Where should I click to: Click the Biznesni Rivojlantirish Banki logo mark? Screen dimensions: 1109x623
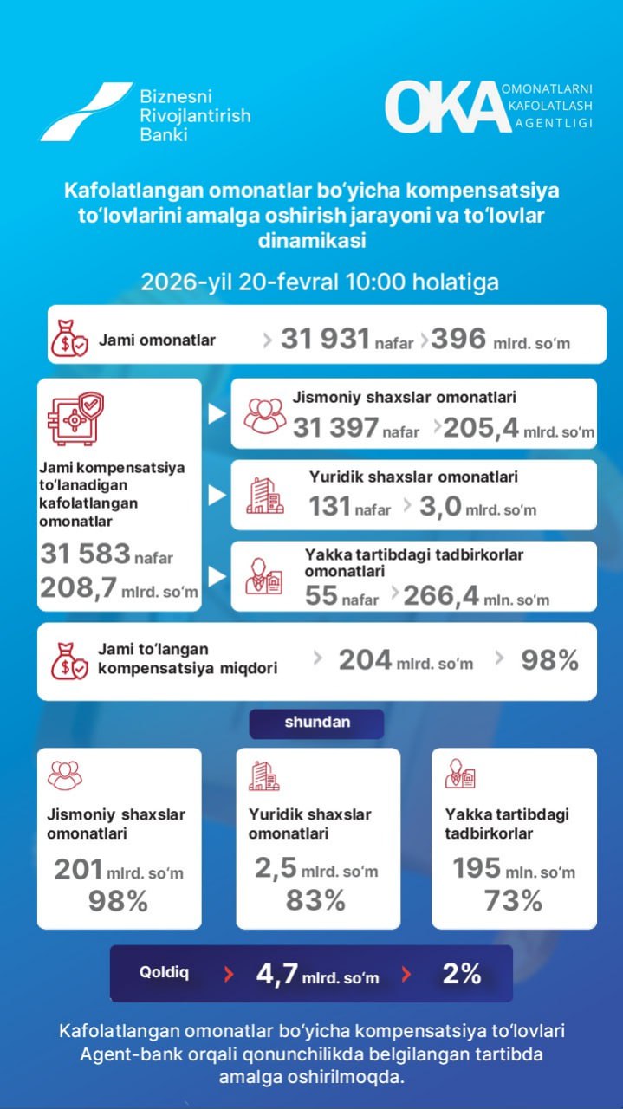coord(85,112)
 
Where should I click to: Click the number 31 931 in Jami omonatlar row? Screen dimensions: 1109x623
coord(325,339)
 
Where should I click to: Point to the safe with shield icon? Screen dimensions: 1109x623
coord(75,418)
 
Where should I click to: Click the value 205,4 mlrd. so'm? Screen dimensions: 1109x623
coord(518,427)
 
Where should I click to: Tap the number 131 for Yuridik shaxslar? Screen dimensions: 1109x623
coord(329,506)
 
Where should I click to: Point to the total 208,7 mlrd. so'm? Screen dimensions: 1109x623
coord(119,590)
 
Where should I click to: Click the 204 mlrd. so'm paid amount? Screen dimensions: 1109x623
coord(406,661)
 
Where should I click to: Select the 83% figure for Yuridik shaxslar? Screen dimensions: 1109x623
coord(315,900)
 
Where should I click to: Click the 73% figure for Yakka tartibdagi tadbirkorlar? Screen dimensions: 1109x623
coord(513,900)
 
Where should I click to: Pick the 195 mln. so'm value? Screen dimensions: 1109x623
coord(513,869)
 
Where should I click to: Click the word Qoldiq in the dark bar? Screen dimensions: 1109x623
coord(164,972)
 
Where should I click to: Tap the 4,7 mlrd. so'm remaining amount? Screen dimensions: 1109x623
coord(317,974)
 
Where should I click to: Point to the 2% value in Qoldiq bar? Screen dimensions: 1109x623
coord(462,974)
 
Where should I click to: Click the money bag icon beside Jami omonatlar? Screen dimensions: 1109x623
coord(68,340)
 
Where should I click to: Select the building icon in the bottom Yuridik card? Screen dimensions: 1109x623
coord(263,775)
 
